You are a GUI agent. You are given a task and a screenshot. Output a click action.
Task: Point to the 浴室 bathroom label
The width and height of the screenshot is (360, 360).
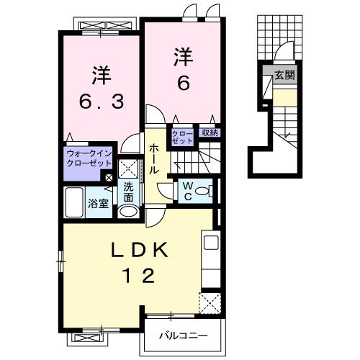tap(99, 203)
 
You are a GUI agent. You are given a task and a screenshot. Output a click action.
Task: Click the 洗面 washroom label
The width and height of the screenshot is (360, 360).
tap(129, 192)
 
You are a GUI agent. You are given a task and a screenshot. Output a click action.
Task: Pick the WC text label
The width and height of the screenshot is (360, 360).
tap(186, 191)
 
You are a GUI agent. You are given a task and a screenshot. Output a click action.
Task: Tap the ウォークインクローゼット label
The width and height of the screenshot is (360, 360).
tap(88, 158)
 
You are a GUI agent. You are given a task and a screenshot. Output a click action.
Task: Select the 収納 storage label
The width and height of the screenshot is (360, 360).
tap(210, 132)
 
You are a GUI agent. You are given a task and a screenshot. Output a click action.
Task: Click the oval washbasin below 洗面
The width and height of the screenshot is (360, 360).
tap(128, 212)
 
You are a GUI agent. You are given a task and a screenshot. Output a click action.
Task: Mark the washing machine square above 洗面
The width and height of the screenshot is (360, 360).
tap(129, 169)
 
